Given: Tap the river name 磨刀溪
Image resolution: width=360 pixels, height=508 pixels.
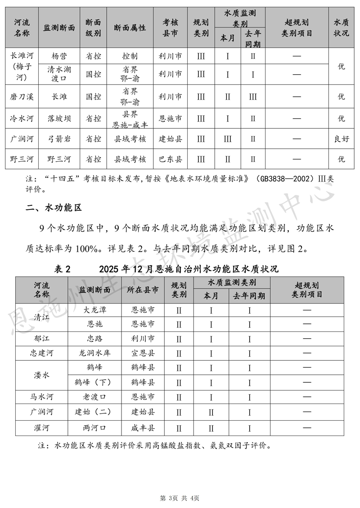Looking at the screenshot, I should coord(22,96).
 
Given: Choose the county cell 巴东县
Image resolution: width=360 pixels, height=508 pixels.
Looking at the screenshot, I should coord(171,159).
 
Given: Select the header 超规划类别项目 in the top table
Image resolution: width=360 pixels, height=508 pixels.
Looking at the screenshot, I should coord(297,28).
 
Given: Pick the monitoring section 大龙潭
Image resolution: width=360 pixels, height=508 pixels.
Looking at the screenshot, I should coord(94,310).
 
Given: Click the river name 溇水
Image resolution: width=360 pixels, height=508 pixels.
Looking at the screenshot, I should coord(41,375).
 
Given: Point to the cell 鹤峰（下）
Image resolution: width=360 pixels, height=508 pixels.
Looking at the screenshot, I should coord(94,382).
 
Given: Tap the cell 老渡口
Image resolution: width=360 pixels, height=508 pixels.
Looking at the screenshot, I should coord(94,397).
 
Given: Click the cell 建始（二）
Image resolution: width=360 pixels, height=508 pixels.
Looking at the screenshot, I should coord(94,412).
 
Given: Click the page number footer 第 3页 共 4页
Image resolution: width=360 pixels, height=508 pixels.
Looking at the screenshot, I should coord(180,498).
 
